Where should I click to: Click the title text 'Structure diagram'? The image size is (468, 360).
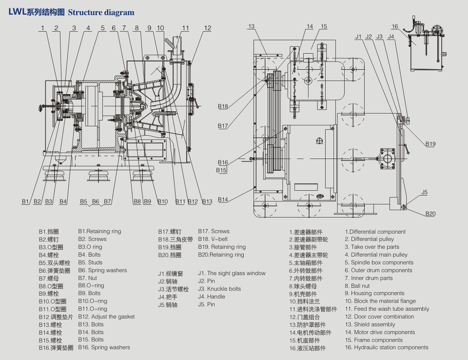click(x=101, y=12)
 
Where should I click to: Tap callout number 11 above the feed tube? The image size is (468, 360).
click(x=186, y=28)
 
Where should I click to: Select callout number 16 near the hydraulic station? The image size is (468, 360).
click(x=395, y=26)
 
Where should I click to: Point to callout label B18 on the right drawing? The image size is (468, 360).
click(x=223, y=106)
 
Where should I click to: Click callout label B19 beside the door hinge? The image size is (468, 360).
click(x=430, y=144)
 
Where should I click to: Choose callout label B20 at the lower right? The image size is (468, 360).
click(x=430, y=214)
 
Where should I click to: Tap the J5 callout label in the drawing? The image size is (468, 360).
click(x=425, y=192)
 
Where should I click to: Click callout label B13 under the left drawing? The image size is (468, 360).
click(x=207, y=201)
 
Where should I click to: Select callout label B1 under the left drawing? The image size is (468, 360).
click(x=26, y=201)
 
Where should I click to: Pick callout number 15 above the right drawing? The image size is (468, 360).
click(x=324, y=26)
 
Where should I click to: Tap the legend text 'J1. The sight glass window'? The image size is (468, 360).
click(x=232, y=273)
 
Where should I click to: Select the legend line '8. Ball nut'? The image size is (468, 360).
click(x=357, y=286)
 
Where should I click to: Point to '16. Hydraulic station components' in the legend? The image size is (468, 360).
click(x=387, y=347)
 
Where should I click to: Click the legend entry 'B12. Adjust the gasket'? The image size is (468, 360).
click(x=106, y=317)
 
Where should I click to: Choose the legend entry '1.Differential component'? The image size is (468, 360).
click(x=375, y=232)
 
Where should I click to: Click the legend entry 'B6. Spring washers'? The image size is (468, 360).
click(x=102, y=270)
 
